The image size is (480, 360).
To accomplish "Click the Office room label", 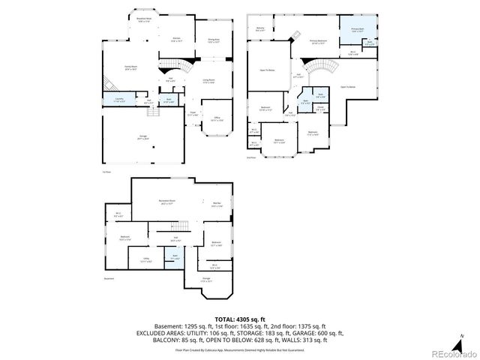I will click(x=216, y=118).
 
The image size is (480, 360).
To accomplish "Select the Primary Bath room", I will click(x=357, y=31).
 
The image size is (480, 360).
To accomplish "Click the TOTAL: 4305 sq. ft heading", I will click(x=239, y=319).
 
